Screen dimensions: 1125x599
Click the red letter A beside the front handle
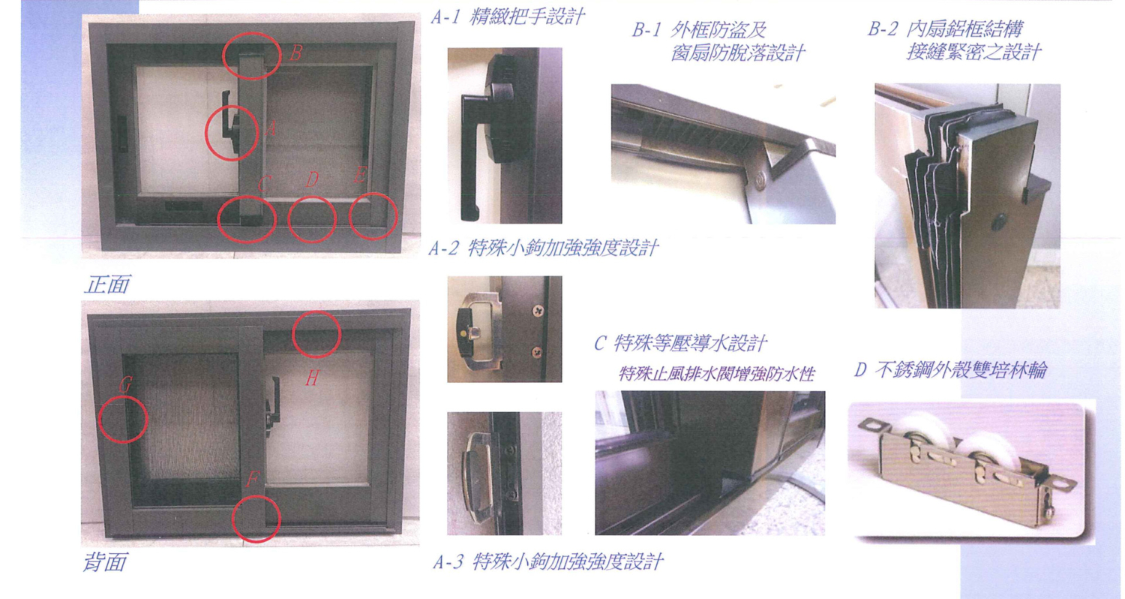pyautogui.click(x=270, y=128)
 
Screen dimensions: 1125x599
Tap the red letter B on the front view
pyautogui.click(x=295, y=53)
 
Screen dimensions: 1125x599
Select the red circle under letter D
pyautogui.click(x=312, y=220)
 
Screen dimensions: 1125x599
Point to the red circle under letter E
pyautogui.click(x=373, y=216)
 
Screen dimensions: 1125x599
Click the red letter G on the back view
pyautogui.click(x=125, y=384)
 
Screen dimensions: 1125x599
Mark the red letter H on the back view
pyautogui.click(x=312, y=378)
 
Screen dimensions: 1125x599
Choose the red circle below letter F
pyautogui.click(x=256, y=519)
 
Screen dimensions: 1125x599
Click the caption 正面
pyautogui.click(x=107, y=285)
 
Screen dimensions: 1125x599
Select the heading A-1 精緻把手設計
pyautogui.click(x=508, y=17)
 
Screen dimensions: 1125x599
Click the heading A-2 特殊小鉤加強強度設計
pyautogui.click(x=544, y=248)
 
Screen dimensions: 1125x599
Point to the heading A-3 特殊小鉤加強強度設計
pyautogui.click(x=548, y=561)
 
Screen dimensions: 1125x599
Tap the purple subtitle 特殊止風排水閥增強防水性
pyautogui.click(x=717, y=374)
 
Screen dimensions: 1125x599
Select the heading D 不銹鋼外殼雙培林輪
pyautogui.click(x=950, y=370)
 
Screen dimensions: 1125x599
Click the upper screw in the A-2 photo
pyautogui.click(x=538, y=312)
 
